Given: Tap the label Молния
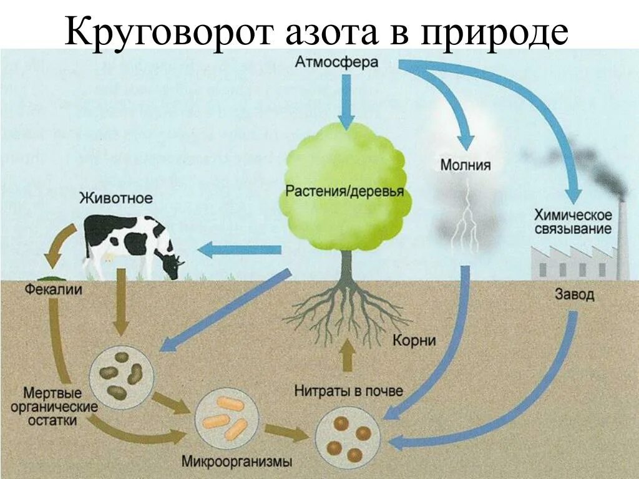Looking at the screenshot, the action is pyautogui.click(x=466, y=165).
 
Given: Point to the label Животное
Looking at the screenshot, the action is pyautogui.click(x=115, y=198).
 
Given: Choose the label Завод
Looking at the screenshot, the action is pyautogui.click(x=574, y=294).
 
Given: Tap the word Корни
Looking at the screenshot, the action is pyautogui.click(x=414, y=341).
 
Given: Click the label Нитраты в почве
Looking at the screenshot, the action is pyautogui.click(x=349, y=391).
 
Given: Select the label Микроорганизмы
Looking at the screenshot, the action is pyautogui.click(x=237, y=462).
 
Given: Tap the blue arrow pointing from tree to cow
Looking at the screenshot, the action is pyautogui.click(x=240, y=250).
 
